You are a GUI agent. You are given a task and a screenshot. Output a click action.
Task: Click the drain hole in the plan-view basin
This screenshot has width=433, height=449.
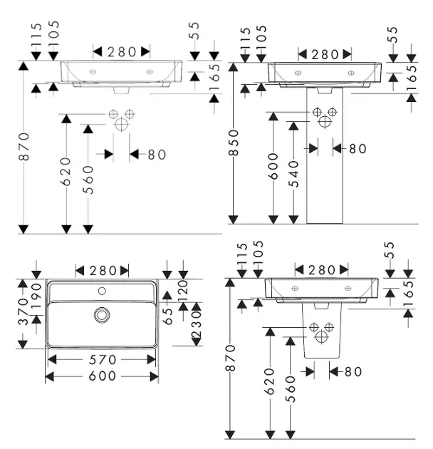103,314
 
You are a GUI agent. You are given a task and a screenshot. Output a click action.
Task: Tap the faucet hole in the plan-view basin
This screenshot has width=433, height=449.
103,291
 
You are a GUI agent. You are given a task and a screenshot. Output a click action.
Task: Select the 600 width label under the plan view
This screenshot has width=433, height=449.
102,377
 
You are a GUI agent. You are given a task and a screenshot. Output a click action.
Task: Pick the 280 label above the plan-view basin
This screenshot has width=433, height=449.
103,270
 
